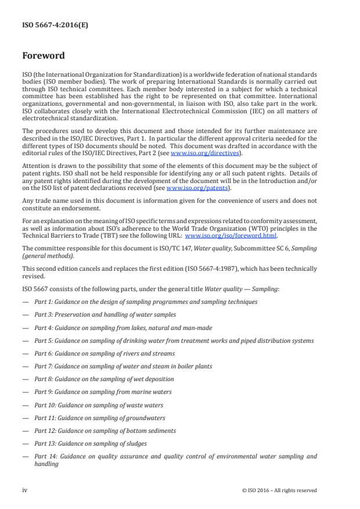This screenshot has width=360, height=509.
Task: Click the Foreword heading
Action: [43, 57]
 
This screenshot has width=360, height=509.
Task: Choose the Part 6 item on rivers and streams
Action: [104, 353]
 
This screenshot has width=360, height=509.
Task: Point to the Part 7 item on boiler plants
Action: [123, 366]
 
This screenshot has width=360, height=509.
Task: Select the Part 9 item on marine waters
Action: [105, 392]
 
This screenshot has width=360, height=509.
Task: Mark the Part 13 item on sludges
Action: [90, 443]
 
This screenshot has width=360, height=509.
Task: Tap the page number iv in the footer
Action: [25, 490]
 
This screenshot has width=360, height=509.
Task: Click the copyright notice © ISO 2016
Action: [279, 490]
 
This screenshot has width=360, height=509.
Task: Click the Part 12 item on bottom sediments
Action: [105, 431]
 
